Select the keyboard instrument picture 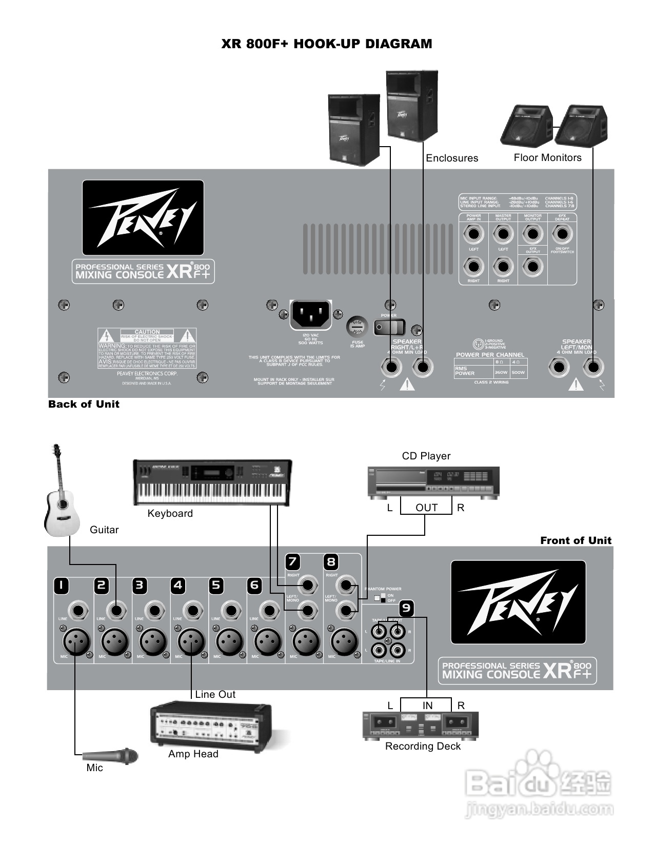(212, 482)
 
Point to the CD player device (433, 482)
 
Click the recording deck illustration (421, 725)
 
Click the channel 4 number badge (177, 586)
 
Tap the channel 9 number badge (406, 608)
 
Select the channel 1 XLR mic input (76, 641)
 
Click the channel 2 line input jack (116, 610)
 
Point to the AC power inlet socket (310, 314)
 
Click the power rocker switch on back (389, 327)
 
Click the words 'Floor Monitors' (547, 158)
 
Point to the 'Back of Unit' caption (84, 404)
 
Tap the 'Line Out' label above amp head (215, 694)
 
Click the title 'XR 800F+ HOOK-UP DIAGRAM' (327, 44)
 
